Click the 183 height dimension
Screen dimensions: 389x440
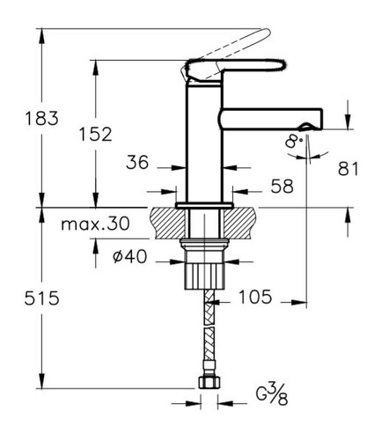41,118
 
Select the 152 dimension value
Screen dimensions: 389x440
96,134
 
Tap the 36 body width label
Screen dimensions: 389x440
137,162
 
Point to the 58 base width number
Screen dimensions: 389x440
282,186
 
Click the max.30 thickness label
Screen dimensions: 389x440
95,224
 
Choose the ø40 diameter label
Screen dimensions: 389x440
129,257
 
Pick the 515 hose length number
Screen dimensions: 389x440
41,298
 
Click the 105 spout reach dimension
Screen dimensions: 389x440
255,297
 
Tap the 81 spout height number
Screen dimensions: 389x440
349,169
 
